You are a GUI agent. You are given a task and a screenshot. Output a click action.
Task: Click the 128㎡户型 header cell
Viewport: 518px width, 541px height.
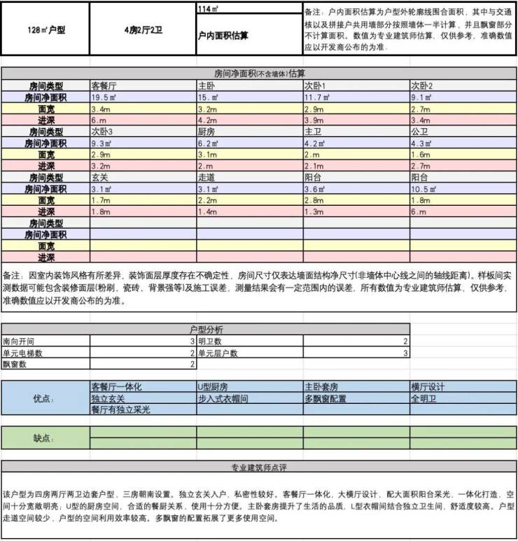pos(45,31)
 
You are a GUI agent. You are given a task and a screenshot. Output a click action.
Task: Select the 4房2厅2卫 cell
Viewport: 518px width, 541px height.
pos(143,31)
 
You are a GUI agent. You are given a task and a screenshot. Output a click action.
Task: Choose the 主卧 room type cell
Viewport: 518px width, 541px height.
pos(206,86)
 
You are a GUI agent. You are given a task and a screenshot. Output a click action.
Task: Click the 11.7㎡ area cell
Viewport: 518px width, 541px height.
pos(316,98)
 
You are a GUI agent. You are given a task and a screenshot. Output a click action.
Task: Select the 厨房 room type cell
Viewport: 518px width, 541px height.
pos(206,132)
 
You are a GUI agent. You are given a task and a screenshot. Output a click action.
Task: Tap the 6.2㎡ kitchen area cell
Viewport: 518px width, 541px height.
pos(208,143)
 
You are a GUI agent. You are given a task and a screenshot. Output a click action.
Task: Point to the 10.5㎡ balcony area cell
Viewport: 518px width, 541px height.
pos(423,188)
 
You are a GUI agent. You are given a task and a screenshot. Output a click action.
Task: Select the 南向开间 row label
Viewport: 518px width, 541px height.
pos(19,342)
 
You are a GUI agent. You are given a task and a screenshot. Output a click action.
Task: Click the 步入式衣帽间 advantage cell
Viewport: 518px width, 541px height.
pos(223,398)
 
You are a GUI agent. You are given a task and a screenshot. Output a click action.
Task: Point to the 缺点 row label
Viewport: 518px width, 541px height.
pos(44,438)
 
